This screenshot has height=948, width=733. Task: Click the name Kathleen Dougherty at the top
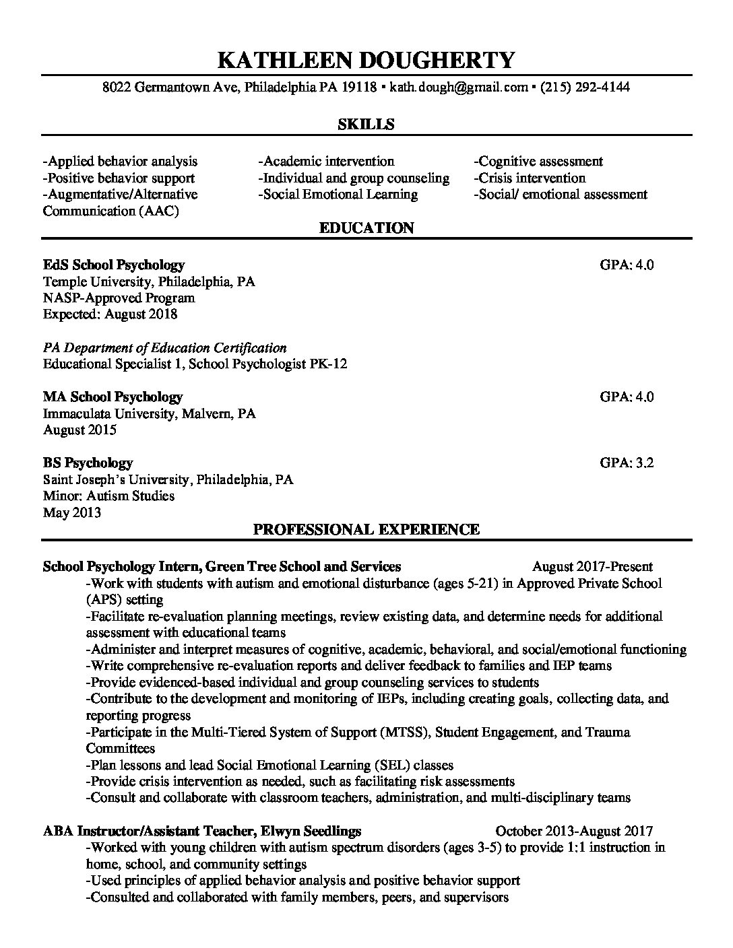pos(366,60)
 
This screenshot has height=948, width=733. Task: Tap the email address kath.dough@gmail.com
pos(458,87)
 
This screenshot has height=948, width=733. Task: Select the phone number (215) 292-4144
pos(585,87)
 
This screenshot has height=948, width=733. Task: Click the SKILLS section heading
pos(366,124)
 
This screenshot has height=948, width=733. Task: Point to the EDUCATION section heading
pos(366,228)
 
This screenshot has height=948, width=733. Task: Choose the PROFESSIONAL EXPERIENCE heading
pos(366,529)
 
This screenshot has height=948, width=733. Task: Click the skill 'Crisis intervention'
pos(530,178)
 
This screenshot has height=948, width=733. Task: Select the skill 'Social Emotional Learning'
pos(338,195)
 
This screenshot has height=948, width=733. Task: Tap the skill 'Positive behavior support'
pos(119,178)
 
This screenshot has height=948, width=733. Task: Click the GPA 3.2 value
pos(627,463)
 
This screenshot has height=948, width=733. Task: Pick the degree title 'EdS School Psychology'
pos(113,265)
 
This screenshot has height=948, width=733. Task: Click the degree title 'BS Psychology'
pos(88,463)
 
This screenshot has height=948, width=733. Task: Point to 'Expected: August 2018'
pos(110,314)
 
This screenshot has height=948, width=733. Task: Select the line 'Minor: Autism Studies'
pos(108,496)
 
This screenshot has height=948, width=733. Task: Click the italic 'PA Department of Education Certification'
pos(164,347)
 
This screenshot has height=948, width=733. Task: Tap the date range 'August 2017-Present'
pos(592,566)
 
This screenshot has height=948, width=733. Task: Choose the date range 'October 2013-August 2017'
pos(574,831)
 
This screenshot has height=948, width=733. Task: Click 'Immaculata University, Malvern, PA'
pos(149,413)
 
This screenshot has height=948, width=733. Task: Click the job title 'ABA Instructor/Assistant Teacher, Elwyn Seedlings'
pos(201,831)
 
